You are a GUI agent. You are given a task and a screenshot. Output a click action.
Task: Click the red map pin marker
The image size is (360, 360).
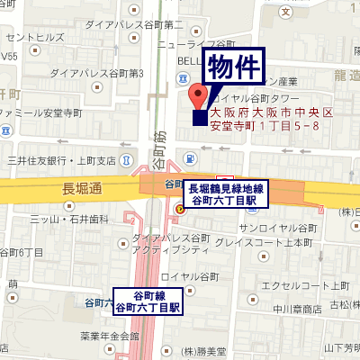(x=198, y=95)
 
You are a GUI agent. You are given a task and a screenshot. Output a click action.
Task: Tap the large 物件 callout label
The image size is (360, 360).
(x=236, y=67)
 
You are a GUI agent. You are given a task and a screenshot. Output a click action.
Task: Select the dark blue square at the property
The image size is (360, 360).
(x=199, y=118)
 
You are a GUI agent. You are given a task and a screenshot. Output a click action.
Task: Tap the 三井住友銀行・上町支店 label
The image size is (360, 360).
(x=74, y=160)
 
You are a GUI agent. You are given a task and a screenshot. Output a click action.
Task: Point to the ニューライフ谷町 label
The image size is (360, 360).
(x=196, y=43)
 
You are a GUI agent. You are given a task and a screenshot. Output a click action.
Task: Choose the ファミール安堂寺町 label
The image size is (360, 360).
(x=42, y=114)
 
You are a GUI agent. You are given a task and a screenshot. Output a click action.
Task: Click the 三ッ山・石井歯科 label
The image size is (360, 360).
(x=69, y=218)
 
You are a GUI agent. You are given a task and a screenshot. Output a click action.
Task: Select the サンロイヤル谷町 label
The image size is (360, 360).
(x=278, y=229)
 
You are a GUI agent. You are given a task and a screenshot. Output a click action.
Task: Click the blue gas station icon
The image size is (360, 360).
(x=190, y=159)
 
